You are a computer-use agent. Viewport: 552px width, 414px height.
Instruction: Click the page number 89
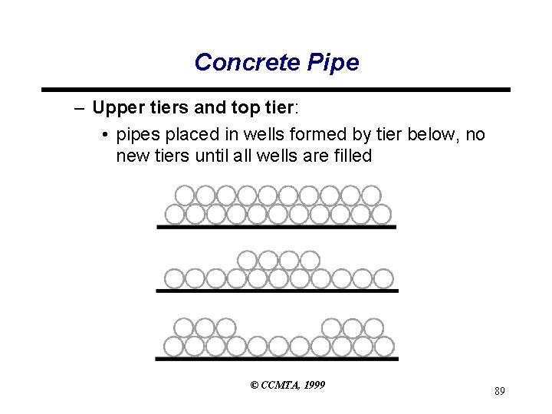pyautogui.click(x=499, y=392)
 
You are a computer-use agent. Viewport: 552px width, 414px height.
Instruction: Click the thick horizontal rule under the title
pyautogui.click(x=276, y=90)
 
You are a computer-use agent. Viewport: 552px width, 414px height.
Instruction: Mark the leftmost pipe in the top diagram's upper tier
pyautogui.click(x=185, y=195)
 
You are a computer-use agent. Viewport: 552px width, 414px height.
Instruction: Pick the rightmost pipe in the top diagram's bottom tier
pyautogui.click(x=382, y=212)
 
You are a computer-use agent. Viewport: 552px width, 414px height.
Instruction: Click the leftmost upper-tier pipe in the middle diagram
pyautogui.click(x=247, y=260)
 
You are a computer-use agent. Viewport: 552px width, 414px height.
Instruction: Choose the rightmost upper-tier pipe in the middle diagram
pyautogui.click(x=309, y=260)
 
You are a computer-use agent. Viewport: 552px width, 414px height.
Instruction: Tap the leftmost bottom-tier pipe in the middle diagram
pyautogui.click(x=175, y=278)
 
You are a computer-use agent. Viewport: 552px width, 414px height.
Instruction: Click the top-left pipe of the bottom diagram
pyautogui.click(x=185, y=328)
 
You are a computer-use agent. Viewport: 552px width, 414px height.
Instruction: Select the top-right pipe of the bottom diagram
pyautogui.click(x=373, y=328)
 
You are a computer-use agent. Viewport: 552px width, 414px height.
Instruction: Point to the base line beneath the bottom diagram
pyautogui.click(x=276, y=358)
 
